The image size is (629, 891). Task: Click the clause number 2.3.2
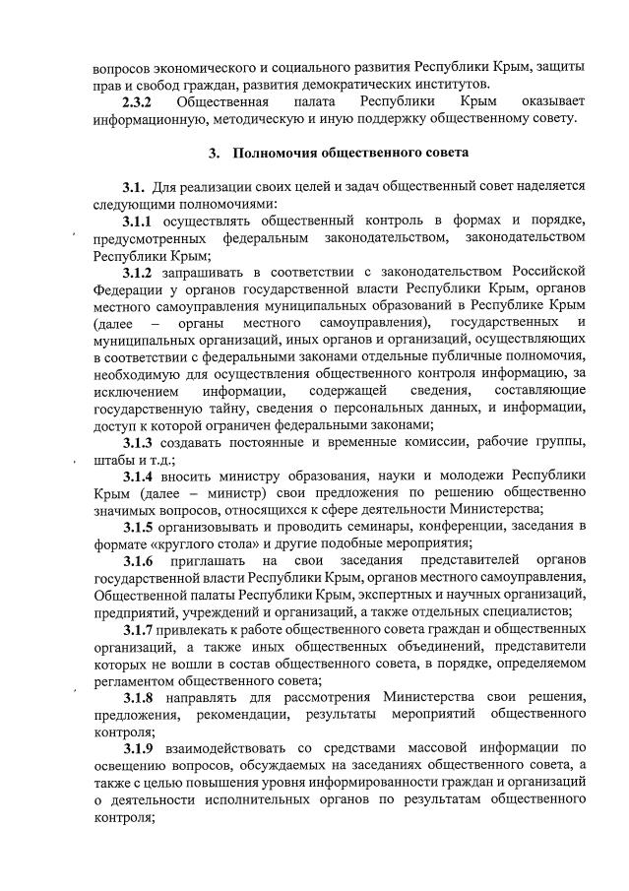click(139, 101)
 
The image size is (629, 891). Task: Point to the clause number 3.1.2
click(141, 271)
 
